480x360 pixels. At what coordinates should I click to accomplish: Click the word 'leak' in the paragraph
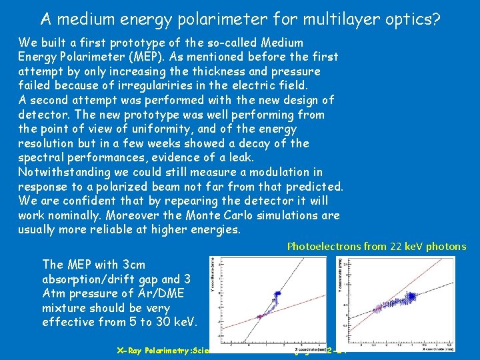click(x=241, y=157)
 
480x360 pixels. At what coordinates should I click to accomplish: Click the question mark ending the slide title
click(x=436, y=19)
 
